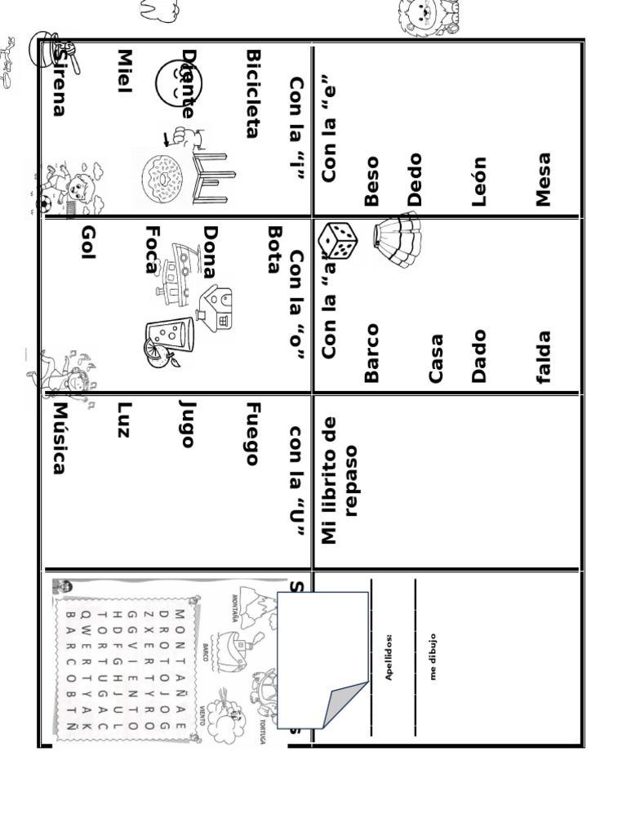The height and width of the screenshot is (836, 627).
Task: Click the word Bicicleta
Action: point(253,94)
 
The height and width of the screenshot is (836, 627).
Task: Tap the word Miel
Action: point(125,71)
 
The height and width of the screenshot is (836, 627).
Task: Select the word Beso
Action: point(372,181)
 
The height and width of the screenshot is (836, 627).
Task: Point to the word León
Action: point(479,181)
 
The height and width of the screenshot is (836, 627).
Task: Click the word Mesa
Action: point(544,180)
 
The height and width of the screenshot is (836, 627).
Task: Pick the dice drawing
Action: point(337,240)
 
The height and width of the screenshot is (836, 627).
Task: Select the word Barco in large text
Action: point(372,353)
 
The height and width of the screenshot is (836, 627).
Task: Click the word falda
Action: point(544,357)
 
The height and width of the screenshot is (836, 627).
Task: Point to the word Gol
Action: point(89,243)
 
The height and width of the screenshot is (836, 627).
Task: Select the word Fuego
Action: point(253,434)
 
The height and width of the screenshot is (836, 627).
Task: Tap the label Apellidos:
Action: point(389,656)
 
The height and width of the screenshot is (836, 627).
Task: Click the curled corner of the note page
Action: point(344,704)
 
